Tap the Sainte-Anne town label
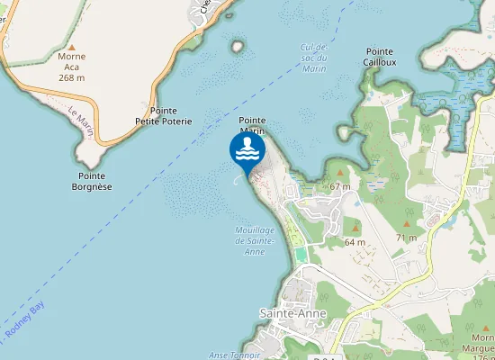coord(293,312)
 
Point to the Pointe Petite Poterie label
coord(164,115)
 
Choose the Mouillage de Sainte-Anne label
coord(254,240)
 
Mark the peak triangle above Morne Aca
coord(72,45)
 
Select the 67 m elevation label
coord(339,185)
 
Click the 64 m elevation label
coord(355,242)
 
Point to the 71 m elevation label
coord(407,238)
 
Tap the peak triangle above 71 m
coord(407,225)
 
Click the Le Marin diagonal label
coord(81,116)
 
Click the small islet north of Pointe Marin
coord(238,46)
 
